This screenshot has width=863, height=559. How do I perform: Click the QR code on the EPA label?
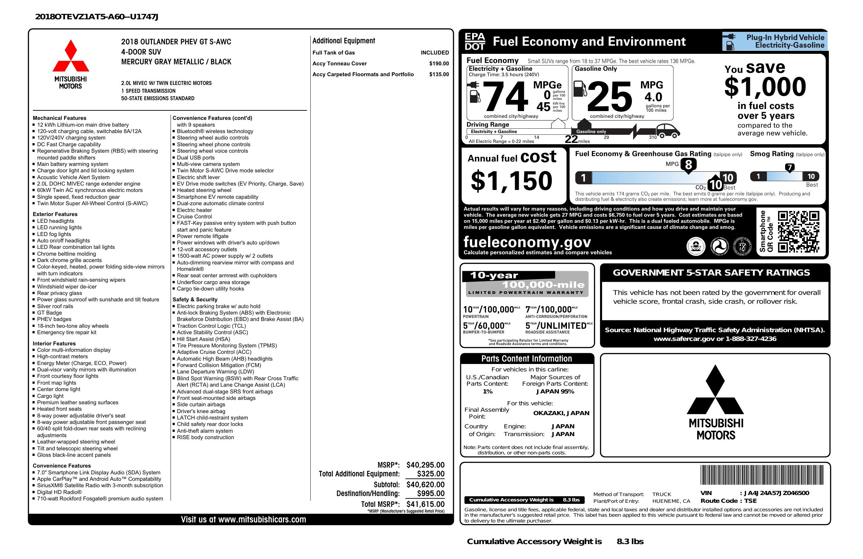pyautogui.click(x=798, y=232)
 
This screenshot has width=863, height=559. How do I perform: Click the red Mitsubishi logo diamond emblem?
pyautogui.click(x=71, y=56)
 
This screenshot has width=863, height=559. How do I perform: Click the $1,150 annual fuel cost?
pyautogui.click(x=511, y=181)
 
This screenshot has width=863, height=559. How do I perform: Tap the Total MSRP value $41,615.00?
pyautogui.click(x=425, y=504)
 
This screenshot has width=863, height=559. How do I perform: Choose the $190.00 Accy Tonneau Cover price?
pyautogui.click(x=439, y=63)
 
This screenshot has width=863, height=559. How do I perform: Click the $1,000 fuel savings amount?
pyautogui.click(x=765, y=87)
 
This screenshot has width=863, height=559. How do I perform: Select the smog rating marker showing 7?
pyautogui.click(x=789, y=168)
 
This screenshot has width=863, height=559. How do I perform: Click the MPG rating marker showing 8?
pyautogui.click(x=688, y=165)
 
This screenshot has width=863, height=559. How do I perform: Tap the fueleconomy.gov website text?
pyautogui.click(x=527, y=242)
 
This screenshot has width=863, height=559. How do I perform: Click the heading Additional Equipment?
pyautogui.click(x=344, y=41)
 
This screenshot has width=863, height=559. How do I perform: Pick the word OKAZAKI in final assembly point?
pyautogui.click(x=548, y=413)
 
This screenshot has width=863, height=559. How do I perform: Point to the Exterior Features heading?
pyautogui.click(x=55, y=214)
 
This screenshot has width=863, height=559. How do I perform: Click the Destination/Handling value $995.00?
pyautogui.click(x=430, y=493)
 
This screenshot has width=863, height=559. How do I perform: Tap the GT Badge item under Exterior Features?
pyautogui.click(x=49, y=313)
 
